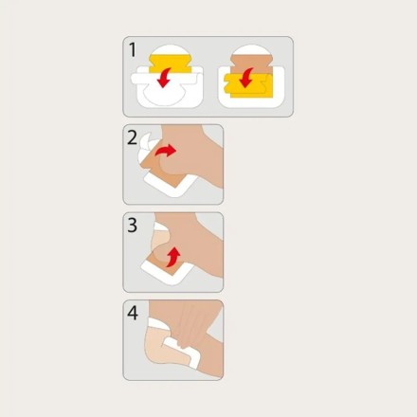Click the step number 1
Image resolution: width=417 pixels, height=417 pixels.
coord(133,50)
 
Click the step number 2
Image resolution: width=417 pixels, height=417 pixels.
coord(133,137)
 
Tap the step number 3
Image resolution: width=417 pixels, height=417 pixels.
coord(133,226)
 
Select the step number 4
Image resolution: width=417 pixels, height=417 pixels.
coord(133,313)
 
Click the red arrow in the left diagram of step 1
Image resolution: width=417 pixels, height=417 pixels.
coord(164,78)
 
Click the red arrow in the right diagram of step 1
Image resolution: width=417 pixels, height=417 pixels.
coord(245,78)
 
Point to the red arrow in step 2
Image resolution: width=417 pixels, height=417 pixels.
coord(166,151)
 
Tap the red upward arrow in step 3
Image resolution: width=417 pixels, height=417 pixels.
coord(172,257)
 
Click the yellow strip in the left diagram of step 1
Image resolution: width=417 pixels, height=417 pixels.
coord(171,63)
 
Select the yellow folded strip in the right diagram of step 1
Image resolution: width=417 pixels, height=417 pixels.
coord(248,86)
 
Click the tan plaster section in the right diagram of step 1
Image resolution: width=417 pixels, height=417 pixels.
coord(251,64)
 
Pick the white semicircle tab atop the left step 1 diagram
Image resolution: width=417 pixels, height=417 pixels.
coord(171,49)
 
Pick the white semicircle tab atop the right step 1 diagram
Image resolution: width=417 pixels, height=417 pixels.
coord(252,49)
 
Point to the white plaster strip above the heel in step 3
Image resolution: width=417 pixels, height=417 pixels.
coord(160,227)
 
